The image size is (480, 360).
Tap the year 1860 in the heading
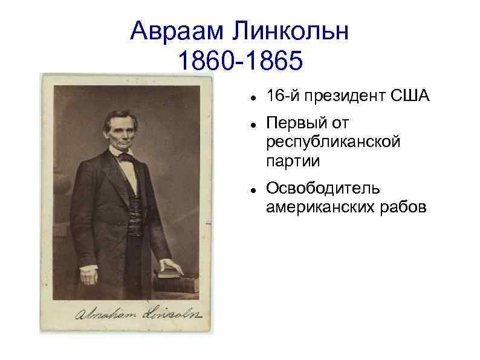(205, 61)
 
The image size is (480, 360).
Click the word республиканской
(333, 142)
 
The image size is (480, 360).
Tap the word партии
(292, 161)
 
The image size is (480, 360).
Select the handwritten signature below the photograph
(137, 314)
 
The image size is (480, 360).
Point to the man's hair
(121, 116)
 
